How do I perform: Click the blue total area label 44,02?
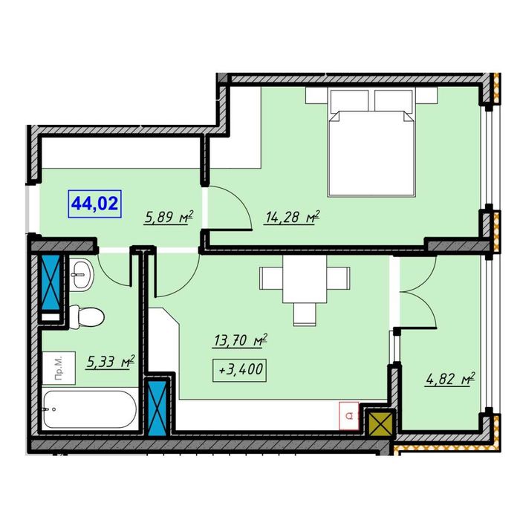point(95,204)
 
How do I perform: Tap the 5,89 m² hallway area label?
point(169,217)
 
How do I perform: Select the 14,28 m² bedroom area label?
point(292,217)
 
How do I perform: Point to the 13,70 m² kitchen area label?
point(241,340)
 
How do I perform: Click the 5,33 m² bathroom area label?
point(111,362)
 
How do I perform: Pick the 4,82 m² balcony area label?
point(451,379)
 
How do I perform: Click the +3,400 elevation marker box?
point(240,370)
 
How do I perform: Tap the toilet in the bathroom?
point(87,316)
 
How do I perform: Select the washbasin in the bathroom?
point(82,276)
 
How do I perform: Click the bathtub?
point(90,409)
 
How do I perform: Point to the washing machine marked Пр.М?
point(59,368)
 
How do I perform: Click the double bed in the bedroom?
point(371,142)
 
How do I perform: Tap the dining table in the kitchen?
point(305,279)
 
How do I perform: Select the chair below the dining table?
point(305,314)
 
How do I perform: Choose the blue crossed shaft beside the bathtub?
point(157,408)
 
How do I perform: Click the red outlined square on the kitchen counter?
point(349,416)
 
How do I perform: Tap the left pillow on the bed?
point(349,100)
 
